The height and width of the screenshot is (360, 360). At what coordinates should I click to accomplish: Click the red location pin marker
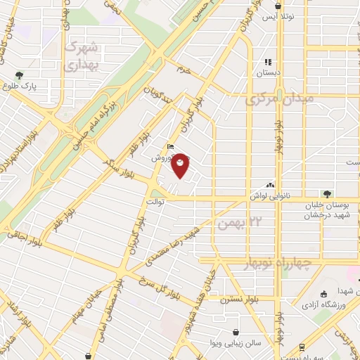(181, 166)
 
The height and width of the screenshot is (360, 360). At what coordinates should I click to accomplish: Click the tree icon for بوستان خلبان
(327, 193)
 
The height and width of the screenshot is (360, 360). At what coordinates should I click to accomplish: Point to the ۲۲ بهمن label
(234, 224)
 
